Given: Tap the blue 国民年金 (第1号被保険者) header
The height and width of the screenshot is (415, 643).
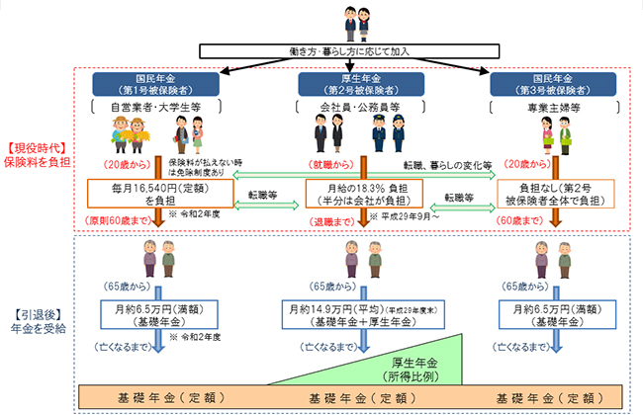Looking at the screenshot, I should tap(160, 84).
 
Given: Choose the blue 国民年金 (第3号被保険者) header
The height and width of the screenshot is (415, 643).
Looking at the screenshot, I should tap(552, 84).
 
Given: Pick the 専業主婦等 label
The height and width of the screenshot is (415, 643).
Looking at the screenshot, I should tap(551, 106).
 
